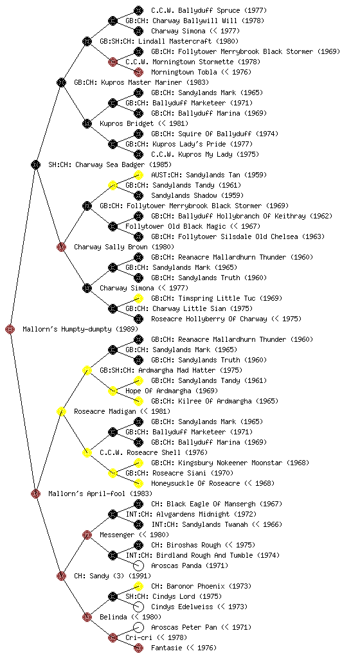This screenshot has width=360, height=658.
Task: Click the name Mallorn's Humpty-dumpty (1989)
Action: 80,330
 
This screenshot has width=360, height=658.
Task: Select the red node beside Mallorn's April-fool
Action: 35,493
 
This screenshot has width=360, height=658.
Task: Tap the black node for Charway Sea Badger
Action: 35,164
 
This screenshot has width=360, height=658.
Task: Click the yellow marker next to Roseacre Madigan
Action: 61,411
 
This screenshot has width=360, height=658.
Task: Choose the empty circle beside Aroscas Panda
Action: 138,565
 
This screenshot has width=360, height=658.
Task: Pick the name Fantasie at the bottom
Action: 166,648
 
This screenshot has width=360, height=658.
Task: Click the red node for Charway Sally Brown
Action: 61,247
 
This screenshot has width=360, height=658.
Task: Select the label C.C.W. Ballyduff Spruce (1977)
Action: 209,10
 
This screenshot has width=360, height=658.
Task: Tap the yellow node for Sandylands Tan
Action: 138,175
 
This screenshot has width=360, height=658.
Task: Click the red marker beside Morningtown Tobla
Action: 138,72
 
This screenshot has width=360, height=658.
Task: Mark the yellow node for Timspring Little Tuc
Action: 138,298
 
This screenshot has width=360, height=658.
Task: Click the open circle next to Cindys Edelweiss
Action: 138,607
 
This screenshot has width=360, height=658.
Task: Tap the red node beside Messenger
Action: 87,535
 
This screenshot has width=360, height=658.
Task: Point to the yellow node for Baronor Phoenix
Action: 138,586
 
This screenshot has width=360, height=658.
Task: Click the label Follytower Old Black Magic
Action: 175,226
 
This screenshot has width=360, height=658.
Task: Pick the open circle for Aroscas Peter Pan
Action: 138,627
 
